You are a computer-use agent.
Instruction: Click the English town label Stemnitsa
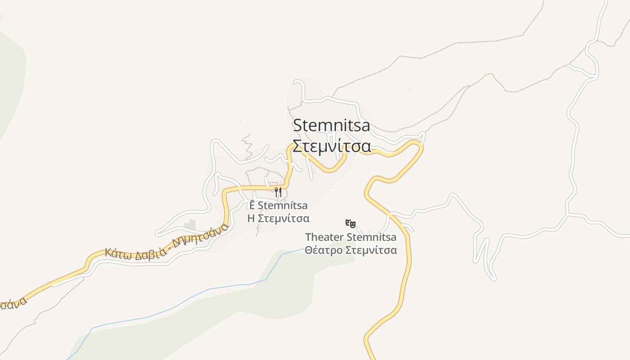tap(332, 126)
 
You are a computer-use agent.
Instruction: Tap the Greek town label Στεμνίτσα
tap(332, 146)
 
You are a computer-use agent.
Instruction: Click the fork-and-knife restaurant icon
tap(278, 192)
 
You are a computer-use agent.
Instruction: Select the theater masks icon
tap(351, 223)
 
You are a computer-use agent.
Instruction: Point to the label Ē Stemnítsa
tap(279, 206)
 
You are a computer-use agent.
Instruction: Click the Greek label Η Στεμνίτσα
tap(279, 219)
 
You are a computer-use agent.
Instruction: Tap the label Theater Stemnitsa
tap(351, 237)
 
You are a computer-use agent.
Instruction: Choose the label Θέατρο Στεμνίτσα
tap(351, 250)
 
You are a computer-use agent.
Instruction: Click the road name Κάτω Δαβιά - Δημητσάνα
tap(166, 241)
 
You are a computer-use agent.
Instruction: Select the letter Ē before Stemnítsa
tap(252, 206)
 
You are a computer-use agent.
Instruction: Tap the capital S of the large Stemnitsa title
tap(298, 126)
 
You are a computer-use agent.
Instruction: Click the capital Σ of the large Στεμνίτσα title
tap(297, 146)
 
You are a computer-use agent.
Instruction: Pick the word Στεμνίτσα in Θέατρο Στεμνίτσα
tap(372, 250)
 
